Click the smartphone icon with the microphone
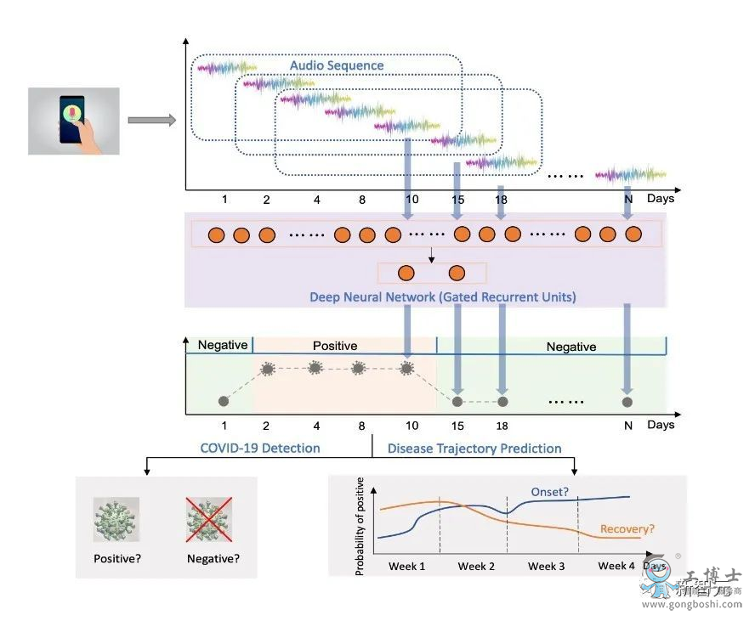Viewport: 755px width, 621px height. click(x=74, y=120)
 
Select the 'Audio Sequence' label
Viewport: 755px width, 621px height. click(x=337, y=65)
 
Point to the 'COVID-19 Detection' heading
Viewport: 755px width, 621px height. click(x=260, y=448)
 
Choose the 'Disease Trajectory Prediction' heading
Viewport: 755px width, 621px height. click(x=474, y=448)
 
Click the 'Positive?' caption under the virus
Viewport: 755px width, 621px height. click(x=116, y=558)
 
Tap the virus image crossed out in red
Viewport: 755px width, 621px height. click(x=209, y=520)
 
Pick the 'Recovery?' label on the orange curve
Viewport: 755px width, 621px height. click(x=627, y=529)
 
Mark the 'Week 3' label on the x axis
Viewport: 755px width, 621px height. click(x=546, y=566)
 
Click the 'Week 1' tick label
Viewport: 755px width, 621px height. click(x=407, y=566)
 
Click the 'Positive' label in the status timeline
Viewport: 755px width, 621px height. click(x=335, y=346)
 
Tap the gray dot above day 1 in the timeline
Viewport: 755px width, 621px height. click(x=224, y=401)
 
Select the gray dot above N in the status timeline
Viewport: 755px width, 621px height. click(x=627, y=401)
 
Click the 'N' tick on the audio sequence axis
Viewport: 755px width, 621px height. click(x=628, y=199)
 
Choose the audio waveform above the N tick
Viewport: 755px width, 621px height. click(x=629, y=174)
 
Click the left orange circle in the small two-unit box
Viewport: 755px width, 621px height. click(x=406, y=273)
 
